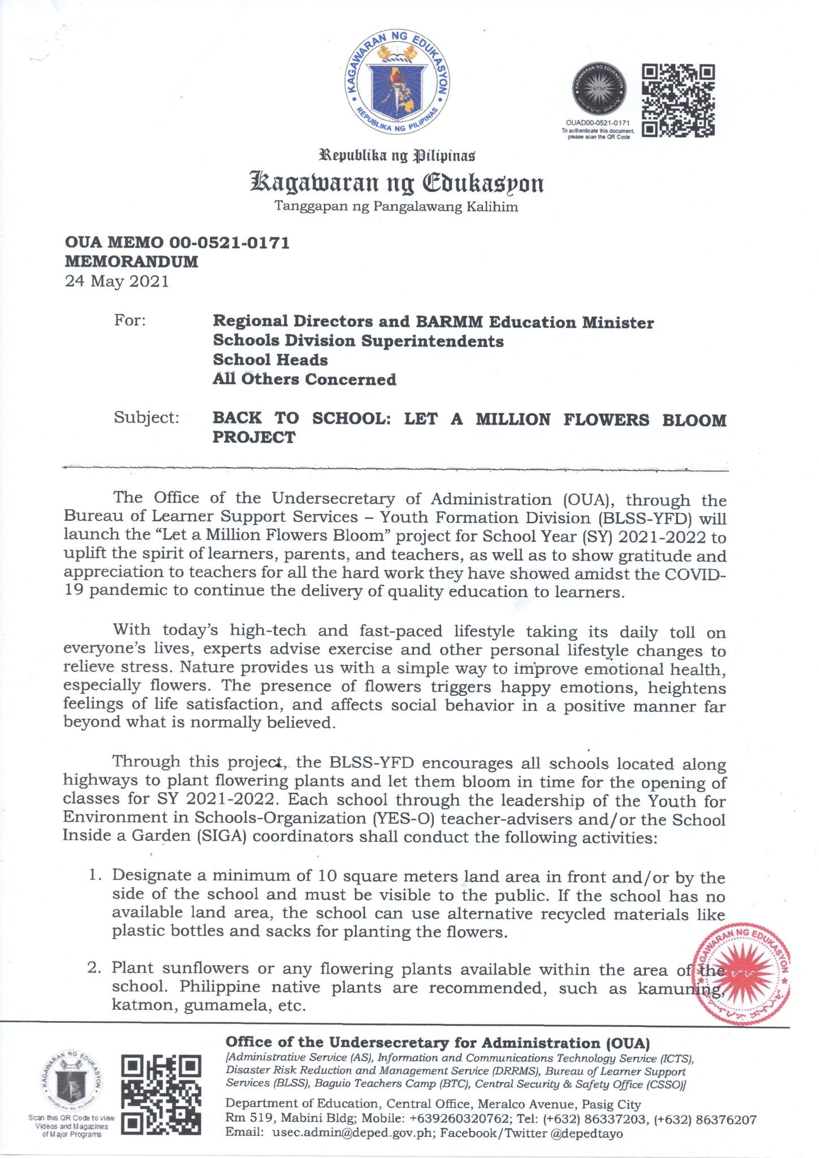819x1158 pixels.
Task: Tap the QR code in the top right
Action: [678, 101]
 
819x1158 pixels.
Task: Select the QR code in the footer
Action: [162, 1095]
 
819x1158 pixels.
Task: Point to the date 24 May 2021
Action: [117, 281]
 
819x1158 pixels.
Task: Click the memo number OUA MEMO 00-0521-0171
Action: [178, 243]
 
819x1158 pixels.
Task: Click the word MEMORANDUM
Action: [132, 262]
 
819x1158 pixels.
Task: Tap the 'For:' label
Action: [130, 321]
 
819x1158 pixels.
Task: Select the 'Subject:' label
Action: [146, 418]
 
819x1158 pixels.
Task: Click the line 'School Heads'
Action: [270, 360]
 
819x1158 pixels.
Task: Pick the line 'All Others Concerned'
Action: [304, 379]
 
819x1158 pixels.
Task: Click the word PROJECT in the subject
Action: [254, 437]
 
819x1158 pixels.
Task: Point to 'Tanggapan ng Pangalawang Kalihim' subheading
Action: [396, 206]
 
